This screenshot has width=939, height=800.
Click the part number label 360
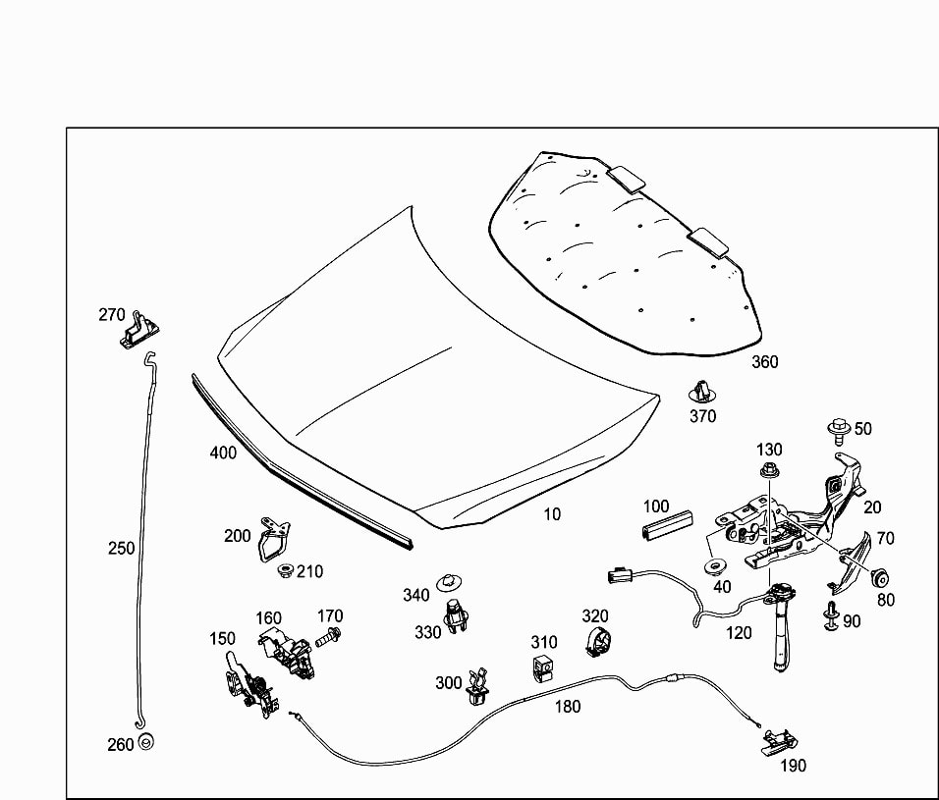[x=764, y=362]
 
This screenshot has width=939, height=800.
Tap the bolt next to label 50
[x=838, y=429]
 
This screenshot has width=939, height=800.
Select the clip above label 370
[x=700, y=391]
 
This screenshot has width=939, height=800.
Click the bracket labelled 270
[x=141, y=328]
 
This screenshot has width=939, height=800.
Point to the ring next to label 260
[x=147, y=742]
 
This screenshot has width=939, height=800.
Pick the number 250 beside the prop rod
[x=121, y=549]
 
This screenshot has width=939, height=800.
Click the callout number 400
[x=223, y=453]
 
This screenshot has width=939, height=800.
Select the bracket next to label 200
[x=272, y=539]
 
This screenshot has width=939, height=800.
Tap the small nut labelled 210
[x=288, y=570]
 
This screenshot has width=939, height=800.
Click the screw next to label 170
[x=328, y=637]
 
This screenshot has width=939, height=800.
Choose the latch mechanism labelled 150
[x=245, y=682]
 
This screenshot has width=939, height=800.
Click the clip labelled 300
[x=478, y=686]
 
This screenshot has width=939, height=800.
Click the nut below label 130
[x=769, y=473]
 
